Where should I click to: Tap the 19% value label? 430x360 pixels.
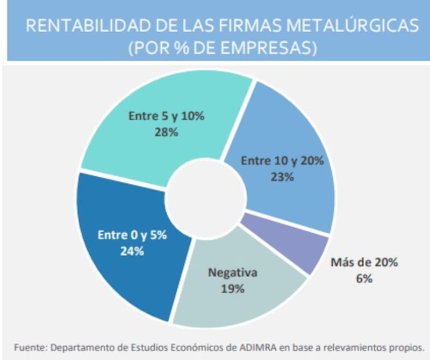232,288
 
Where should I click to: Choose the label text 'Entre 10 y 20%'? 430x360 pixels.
282,161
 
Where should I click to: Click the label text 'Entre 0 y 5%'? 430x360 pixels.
132,235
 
